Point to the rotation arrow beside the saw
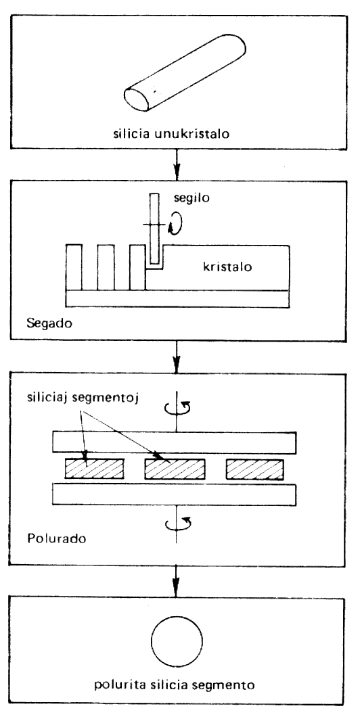coord(175,224)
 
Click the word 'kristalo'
coord(227,267)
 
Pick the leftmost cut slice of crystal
coord(74,268)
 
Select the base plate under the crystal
coord(177,299)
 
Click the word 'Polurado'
coord(55,537)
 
